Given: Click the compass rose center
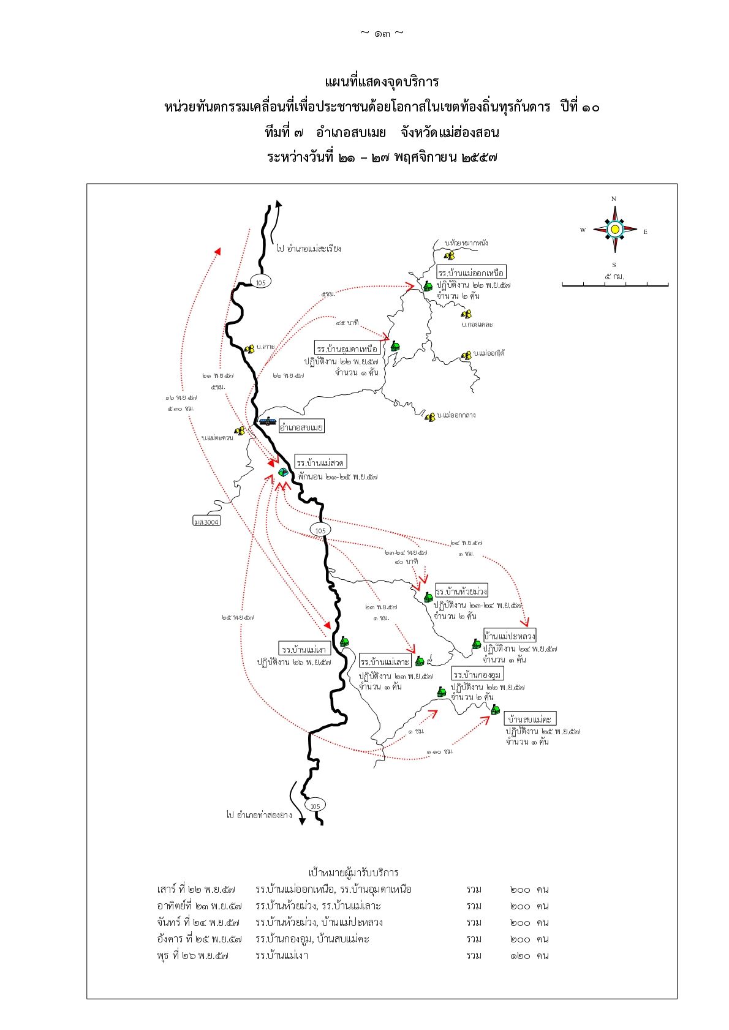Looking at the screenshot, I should (x=614, y=230).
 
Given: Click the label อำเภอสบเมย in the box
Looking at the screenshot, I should (x=301, y=427).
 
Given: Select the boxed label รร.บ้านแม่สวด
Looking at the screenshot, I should (x=320, y=462).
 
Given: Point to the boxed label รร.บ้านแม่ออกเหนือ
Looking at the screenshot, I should (x=471, y=273).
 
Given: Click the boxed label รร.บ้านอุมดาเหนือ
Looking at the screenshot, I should (x=347, y=348).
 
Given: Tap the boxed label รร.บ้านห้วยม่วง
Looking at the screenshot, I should (x=461, y=591).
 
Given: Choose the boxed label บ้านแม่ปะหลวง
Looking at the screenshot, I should (x=509, y=636).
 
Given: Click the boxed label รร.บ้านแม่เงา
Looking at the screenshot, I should (x=304, y=648).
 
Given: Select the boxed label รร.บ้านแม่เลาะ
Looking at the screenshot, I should (x=384, y=661).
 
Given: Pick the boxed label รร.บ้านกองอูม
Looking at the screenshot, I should (x=477, y=674).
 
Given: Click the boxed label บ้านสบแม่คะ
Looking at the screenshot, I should (x=530, y=719).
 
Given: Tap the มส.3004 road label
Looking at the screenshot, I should (x=206, y=522).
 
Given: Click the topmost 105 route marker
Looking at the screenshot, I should (x=260, y=282).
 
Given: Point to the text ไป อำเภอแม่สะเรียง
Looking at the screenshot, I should (x=308, y=249).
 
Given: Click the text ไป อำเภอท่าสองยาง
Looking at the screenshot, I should (x=259, y=815).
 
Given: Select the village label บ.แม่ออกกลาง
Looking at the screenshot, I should (x=456, y=415).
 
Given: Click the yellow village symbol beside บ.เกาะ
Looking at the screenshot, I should (x=249, y=349).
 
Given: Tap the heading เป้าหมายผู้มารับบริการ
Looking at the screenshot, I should (x=353, y=873).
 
